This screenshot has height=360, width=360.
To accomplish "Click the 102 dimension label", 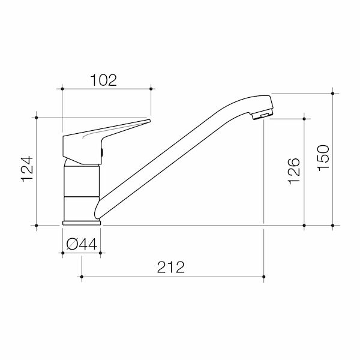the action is [104, 80].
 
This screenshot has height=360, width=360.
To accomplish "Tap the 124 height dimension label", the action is [27, 169].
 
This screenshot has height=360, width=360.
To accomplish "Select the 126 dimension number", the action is [294, 171].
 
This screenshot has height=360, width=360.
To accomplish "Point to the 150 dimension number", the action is [323, 158].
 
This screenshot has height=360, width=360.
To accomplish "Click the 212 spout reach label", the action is [171, 267].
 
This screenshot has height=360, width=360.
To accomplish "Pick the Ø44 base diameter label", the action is [82, 244].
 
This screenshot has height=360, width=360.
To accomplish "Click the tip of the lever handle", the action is [149, 121].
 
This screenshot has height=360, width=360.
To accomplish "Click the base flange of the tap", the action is [82, 223].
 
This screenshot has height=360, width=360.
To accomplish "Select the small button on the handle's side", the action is [102, 152].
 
